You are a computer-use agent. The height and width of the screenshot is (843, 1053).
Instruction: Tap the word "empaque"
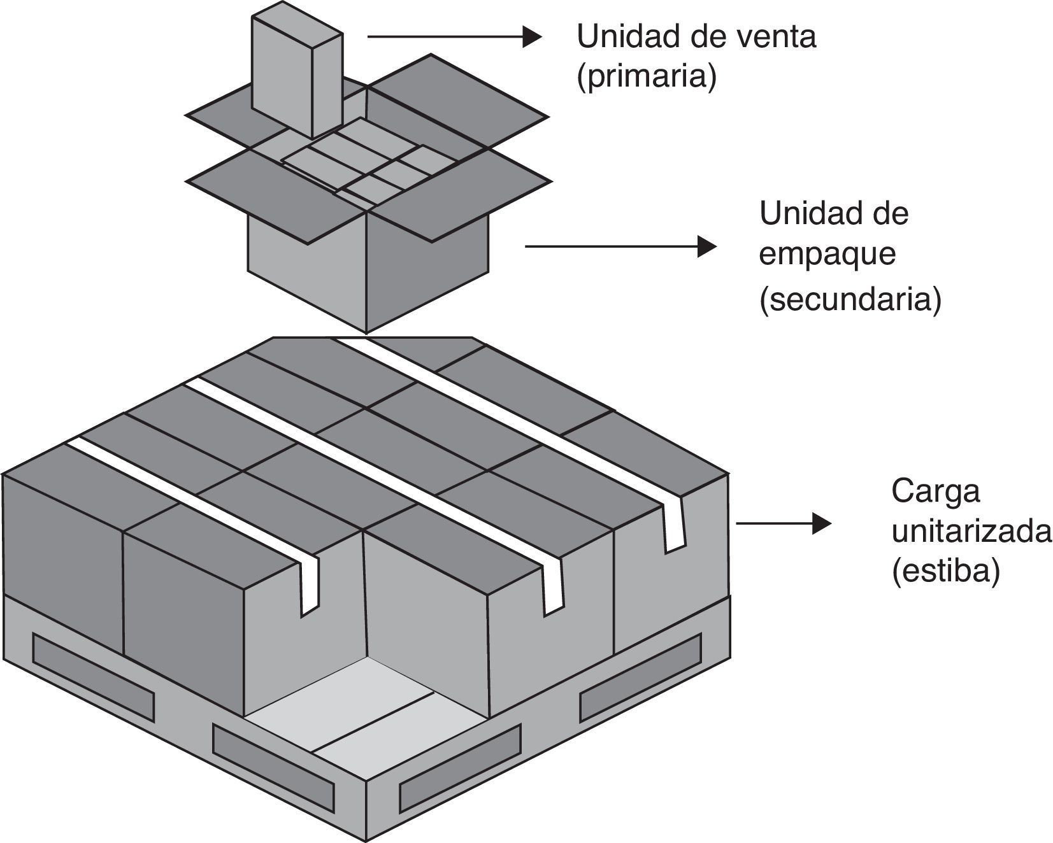[827, 254]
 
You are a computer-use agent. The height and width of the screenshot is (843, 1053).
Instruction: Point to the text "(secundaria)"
[850, 299]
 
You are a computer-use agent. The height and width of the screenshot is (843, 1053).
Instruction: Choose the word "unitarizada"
[971, 531]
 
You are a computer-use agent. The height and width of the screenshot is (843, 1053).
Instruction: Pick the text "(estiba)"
[945, 571]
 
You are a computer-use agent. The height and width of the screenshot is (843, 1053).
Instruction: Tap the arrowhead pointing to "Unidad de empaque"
[706, 246]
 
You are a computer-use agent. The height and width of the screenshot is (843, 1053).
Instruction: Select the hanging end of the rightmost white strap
[674, 528]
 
